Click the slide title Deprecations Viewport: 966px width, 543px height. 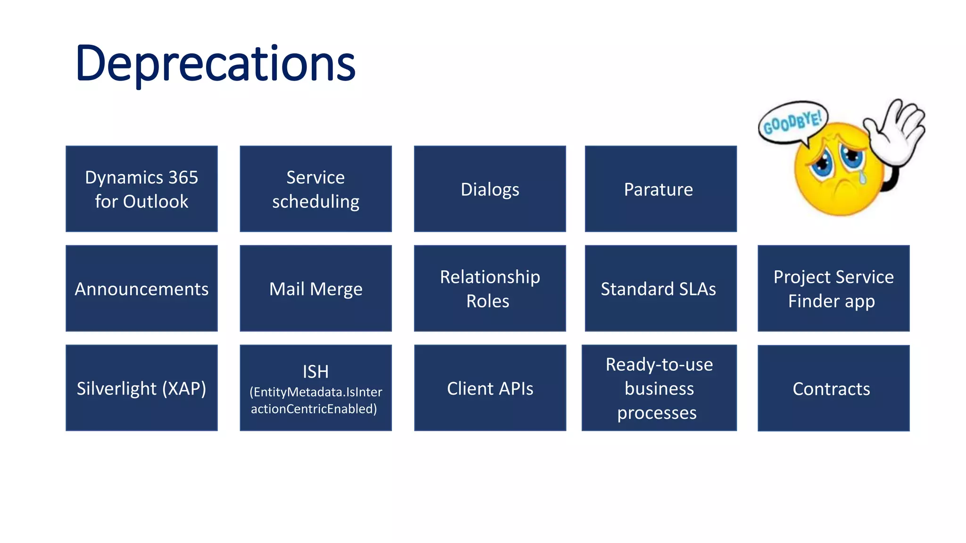coord(215,64)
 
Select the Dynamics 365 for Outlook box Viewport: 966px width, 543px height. coord(142,189)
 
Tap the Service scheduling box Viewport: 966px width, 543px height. coord(316,189)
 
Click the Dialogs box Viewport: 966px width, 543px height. coord(490,189)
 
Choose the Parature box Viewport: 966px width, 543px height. coord(660,189)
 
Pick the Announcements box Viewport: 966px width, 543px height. coord(142,288)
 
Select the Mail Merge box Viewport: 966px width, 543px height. coord(316,288)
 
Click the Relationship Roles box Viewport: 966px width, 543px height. coord(490,288)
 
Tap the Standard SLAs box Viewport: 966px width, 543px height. coord(660,288)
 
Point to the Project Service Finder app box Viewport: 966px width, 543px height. coord(833,288)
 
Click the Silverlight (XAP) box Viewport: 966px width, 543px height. coord(142,388)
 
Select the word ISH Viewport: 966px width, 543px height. coord(316,371)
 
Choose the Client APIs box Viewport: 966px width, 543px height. coord(490,388)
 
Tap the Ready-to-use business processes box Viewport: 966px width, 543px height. coord(659,388)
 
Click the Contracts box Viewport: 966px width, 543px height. coord(833,388)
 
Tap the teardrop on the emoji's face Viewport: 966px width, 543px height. coord(863,176)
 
